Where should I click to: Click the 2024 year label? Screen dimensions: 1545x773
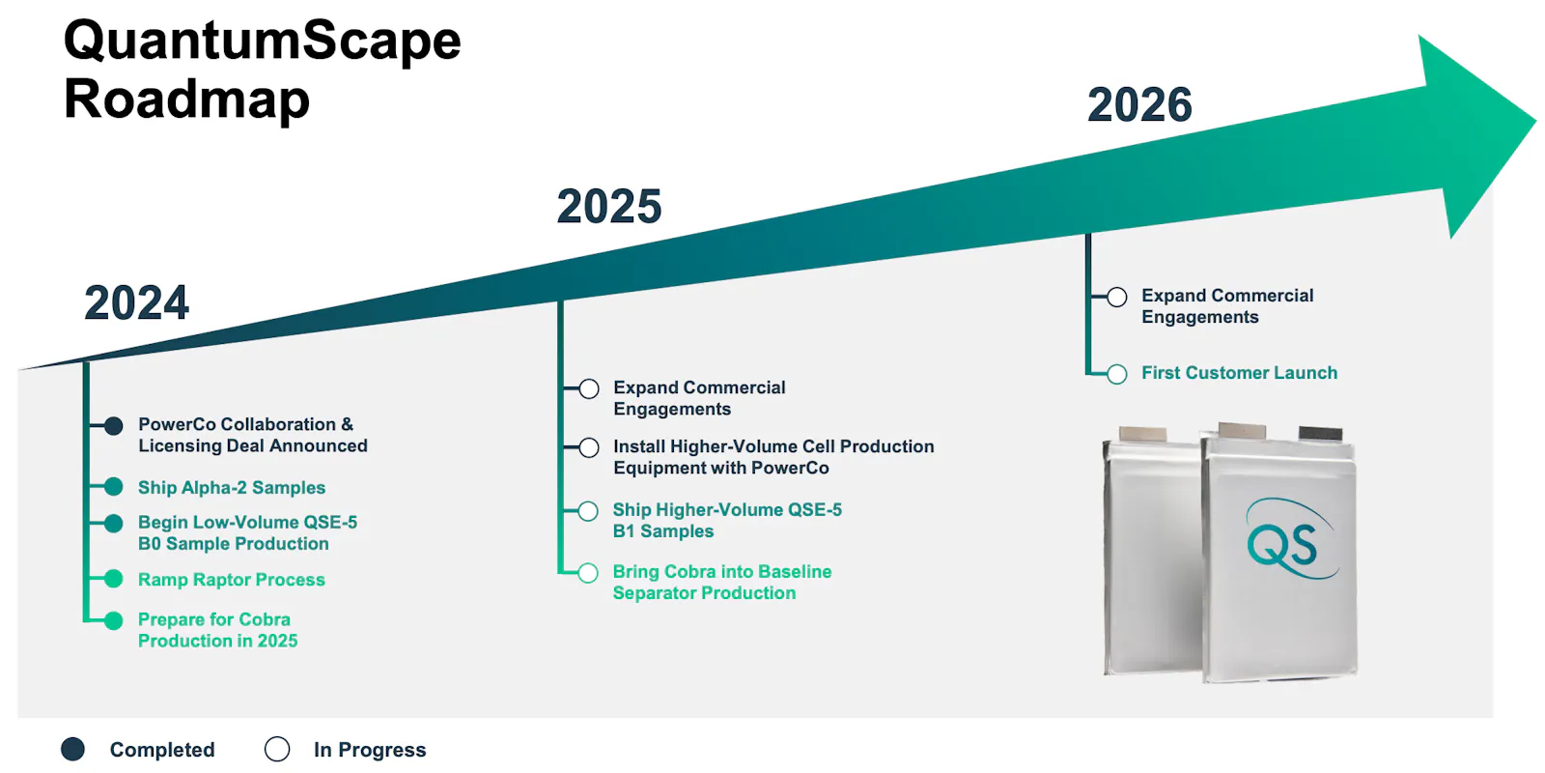(136, 303)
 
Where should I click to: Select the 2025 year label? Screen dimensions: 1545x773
(609, 207)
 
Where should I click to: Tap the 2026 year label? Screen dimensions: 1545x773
(1139, 105)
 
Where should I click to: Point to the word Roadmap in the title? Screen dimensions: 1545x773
(186, 99)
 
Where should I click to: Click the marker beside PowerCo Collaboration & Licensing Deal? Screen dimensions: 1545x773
(114, 426)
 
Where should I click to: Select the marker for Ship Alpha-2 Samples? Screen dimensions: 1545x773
(114, 487)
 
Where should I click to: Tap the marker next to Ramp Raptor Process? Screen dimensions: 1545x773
(114, 579)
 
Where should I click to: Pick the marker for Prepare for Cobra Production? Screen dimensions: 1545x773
(114, 620)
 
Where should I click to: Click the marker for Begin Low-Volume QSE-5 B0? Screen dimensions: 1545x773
(114, 523)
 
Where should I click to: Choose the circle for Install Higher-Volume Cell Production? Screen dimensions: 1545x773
(589, 448)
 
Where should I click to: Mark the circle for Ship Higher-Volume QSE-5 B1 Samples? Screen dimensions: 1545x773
(588, 511)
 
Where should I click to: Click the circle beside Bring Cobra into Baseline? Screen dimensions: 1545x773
(588, 573)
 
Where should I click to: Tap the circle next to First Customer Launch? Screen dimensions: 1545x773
(1117, 374)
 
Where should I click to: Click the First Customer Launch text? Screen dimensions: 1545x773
(1240, 373)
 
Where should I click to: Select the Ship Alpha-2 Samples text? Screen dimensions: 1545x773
(232, 487)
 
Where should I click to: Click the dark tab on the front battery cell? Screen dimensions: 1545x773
(1321, 434)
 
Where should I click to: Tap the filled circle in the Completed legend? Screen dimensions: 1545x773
(73, 749)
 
